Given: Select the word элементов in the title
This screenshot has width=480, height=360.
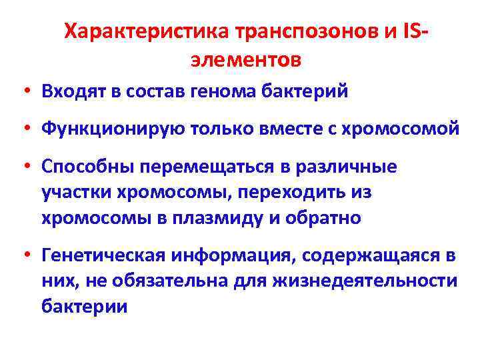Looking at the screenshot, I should (246, 60).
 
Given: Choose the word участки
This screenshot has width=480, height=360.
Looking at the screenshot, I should (75, 192).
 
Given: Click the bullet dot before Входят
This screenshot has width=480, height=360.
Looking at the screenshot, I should (31, 91).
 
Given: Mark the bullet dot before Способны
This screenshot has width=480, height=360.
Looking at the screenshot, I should (31, 167).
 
